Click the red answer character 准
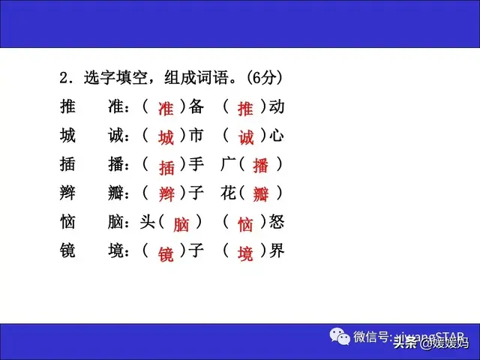(166, 109)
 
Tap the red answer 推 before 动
(245, 109)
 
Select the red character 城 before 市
(166, 138)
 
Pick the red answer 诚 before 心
(246, 138)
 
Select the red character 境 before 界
(245, 253)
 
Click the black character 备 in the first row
(196, 106)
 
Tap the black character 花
(229, 193)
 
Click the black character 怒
(277, 222)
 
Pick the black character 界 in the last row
(277, 251)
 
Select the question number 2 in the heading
(64, 77)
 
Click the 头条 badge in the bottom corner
(405, 344)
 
